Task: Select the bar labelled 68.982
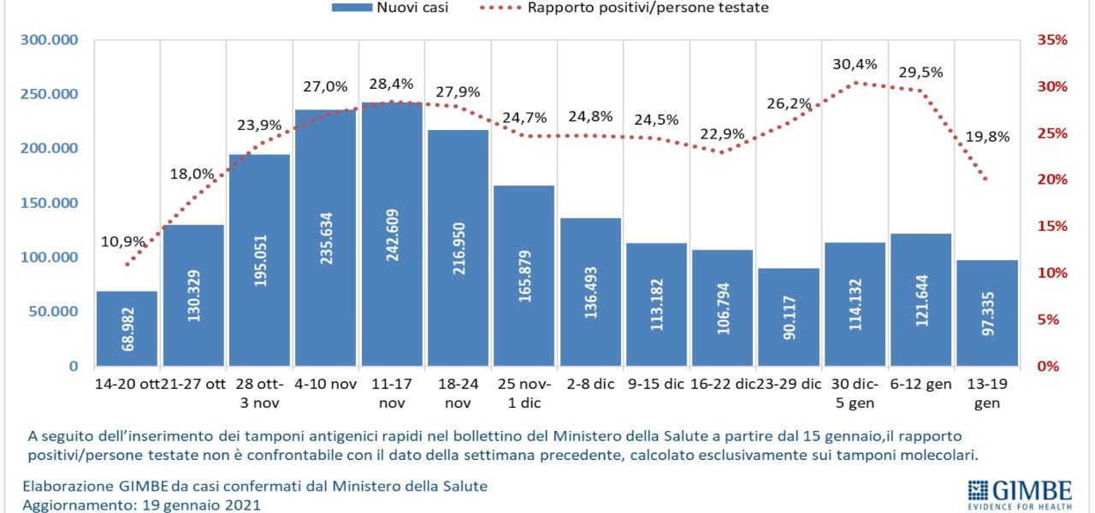click(127, 328)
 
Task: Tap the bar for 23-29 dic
click(789, 317)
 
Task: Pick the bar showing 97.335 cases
click(987, 313)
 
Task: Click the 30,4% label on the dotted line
click(855, 64)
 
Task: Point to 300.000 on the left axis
click(49, 40)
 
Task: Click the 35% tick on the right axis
click(1052, 40)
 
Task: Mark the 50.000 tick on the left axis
click(53, 311)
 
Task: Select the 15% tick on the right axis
click(1052, 227)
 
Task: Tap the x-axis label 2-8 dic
click(589, 385)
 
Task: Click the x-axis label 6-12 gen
click(920, 385)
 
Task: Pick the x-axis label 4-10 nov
click(325, 385)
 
